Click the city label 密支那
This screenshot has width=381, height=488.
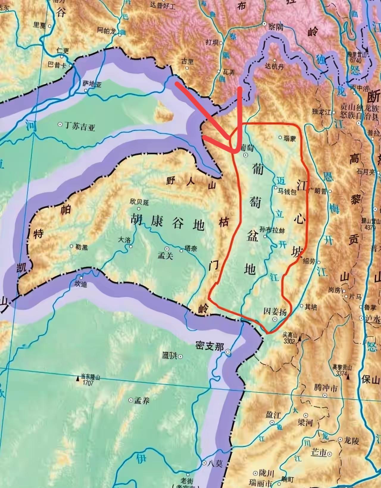tap(210, 346)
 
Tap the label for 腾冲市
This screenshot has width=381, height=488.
tap(326, 388)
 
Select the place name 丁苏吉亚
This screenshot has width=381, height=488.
tap(79, 126)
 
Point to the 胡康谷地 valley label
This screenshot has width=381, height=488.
tap(168, 222)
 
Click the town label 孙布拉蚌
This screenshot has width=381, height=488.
tap(272, 230)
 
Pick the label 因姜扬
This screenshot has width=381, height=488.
tap(275, 312)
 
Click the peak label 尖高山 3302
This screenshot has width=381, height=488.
tap(290, 338)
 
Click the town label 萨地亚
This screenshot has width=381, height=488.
tap(92, 84)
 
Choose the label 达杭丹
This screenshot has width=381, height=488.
tap(274, 66)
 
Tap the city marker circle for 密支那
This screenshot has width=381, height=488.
tap(228, 352)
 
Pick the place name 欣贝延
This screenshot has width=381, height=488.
tap(139, 202)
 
